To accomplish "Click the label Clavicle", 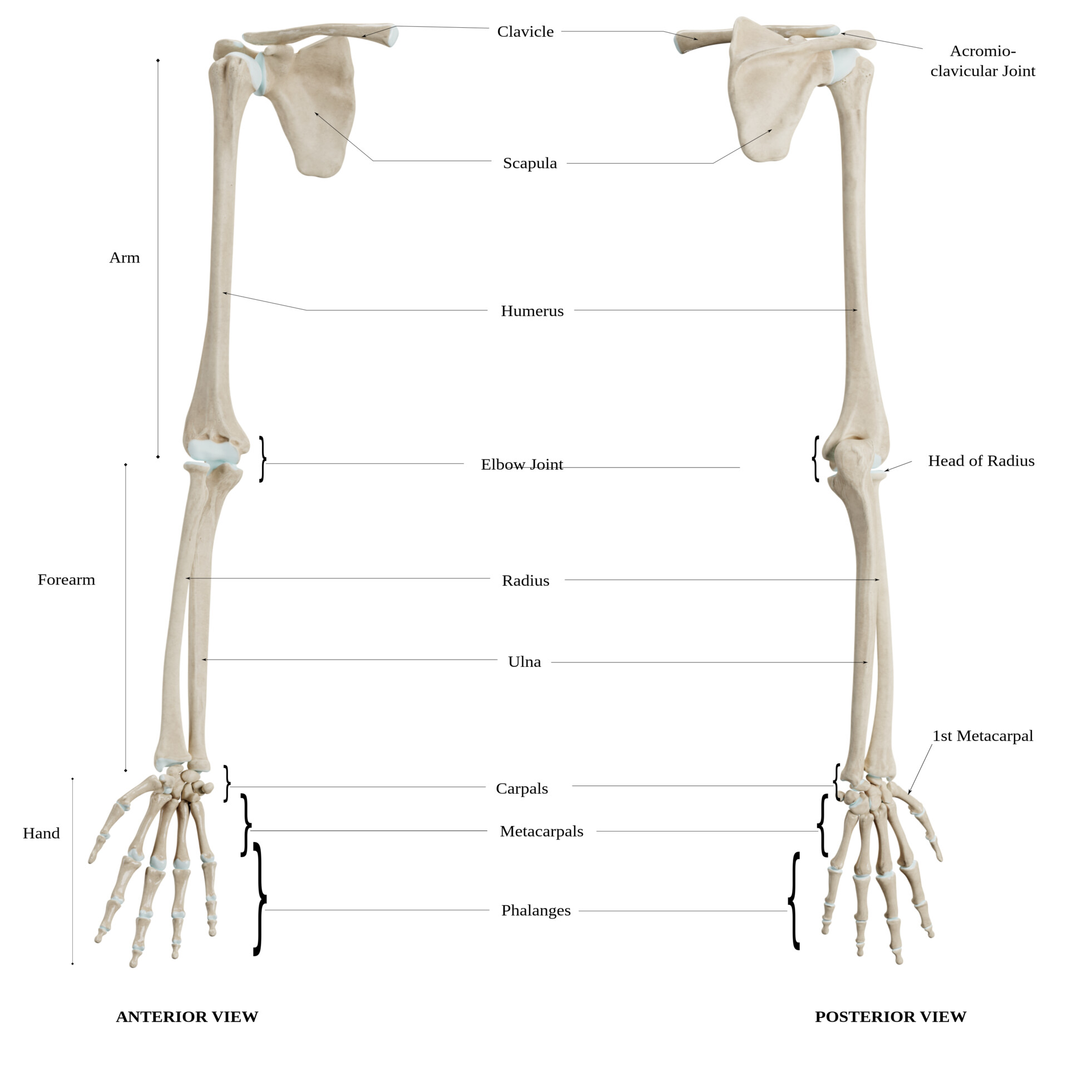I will (x=525, y=32).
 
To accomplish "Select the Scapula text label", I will (x=530, y=163).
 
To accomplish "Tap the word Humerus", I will (x=532, y=311).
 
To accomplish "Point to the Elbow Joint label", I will (x=522, y=464).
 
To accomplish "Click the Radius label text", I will (x=525, y=581).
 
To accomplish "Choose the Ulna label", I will (x=524, y=662).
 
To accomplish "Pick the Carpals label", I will (x=522, y=789).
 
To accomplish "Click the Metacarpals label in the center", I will (x=541, y=832).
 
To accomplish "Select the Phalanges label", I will (x=536, y=911).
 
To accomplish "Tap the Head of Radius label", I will (x=981, y=461).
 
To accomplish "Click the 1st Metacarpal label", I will (x=982, y=736).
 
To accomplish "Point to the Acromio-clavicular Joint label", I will (x=982, y=61).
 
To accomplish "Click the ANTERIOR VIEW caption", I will (x=187, y=1017).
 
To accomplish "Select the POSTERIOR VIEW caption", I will (x=890, y=1017).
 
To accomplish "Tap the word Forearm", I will (x=66, y=580).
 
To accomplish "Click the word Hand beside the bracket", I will (x=41, y=833).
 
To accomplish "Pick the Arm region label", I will (x=124, y=258).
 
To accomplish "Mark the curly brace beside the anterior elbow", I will (x=263, y=459).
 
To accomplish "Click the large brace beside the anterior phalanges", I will (x=259, y=898).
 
